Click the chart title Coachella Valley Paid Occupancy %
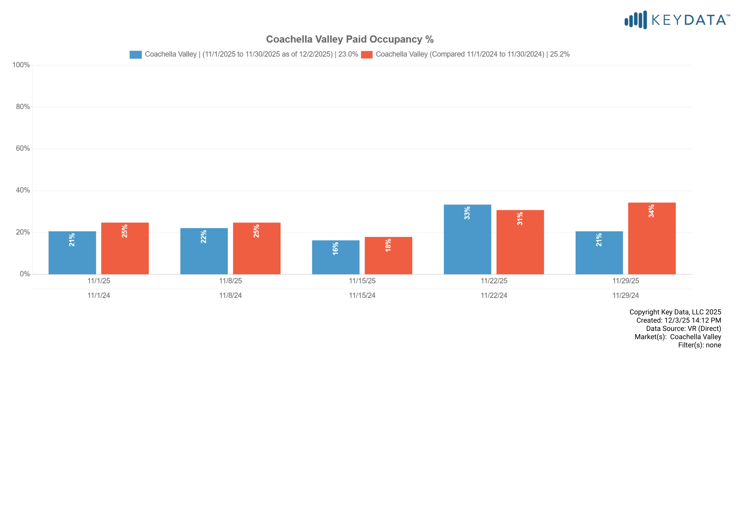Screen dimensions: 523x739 (349, 39)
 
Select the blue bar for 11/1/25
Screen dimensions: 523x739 (72, 253)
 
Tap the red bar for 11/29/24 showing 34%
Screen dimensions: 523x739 (652, 238)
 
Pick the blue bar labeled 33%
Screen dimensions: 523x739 (467, 239)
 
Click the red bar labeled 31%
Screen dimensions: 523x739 (520, 242)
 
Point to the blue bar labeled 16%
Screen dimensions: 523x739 (336, 257)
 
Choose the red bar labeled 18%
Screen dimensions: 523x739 (388, 256)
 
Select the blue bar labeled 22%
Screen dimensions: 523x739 (204, 251)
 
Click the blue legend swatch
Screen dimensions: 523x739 (136, 55)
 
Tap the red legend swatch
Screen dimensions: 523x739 (366, 55)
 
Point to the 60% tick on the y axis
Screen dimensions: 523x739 (23, 149)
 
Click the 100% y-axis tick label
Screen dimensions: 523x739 (21, 65)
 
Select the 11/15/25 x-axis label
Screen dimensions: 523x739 (362, 281)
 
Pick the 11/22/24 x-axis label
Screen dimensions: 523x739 (494, 296)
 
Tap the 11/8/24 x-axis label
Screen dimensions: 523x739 (230, 296)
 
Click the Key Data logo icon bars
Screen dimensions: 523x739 (635, 20)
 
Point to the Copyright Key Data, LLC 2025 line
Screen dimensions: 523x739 (675, 312)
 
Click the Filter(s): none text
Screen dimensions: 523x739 (700, 345)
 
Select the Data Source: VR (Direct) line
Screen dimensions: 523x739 (683, 329)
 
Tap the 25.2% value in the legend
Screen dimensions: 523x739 (560, 54)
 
